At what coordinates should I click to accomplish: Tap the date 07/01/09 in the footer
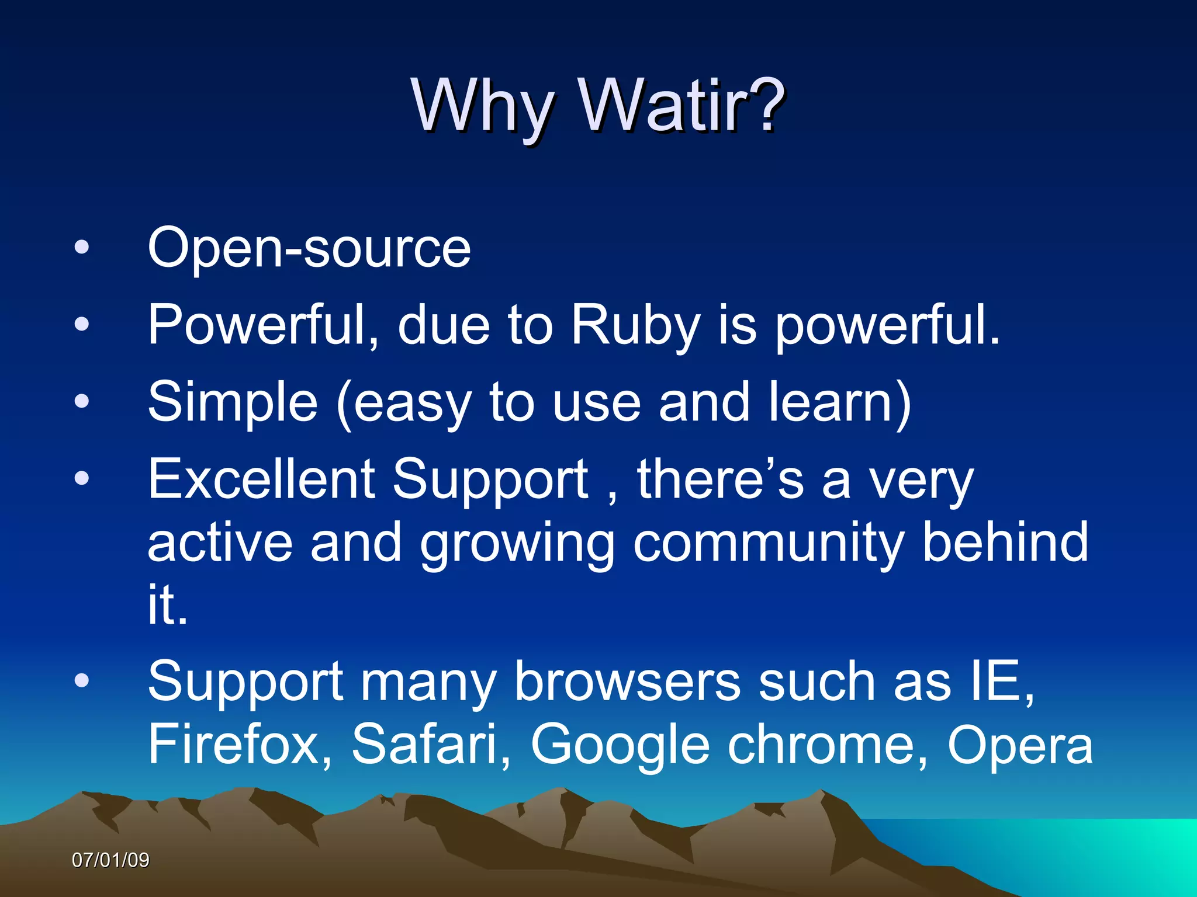[110, 860]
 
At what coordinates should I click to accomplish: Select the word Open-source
[309, 248]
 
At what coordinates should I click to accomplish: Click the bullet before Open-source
[82, 247]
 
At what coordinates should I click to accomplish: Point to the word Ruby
[635, 325]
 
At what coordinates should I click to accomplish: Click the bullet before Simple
[82, 401]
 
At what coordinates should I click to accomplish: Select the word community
[768, 544]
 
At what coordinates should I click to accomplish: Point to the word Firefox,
[240, 744]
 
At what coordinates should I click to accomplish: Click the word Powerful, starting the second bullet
[263, 325]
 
